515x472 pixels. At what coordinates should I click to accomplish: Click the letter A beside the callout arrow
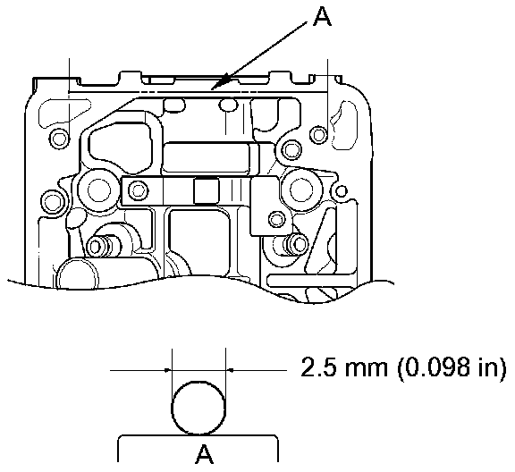323,17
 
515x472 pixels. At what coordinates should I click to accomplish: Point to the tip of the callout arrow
211,89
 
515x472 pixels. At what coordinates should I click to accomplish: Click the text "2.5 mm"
344,367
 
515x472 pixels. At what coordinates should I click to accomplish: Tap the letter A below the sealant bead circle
204,454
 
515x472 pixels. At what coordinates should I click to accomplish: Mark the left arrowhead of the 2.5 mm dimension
168,370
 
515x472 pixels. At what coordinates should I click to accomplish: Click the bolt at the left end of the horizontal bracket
138,190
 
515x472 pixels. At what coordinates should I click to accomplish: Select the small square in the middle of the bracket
207,190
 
